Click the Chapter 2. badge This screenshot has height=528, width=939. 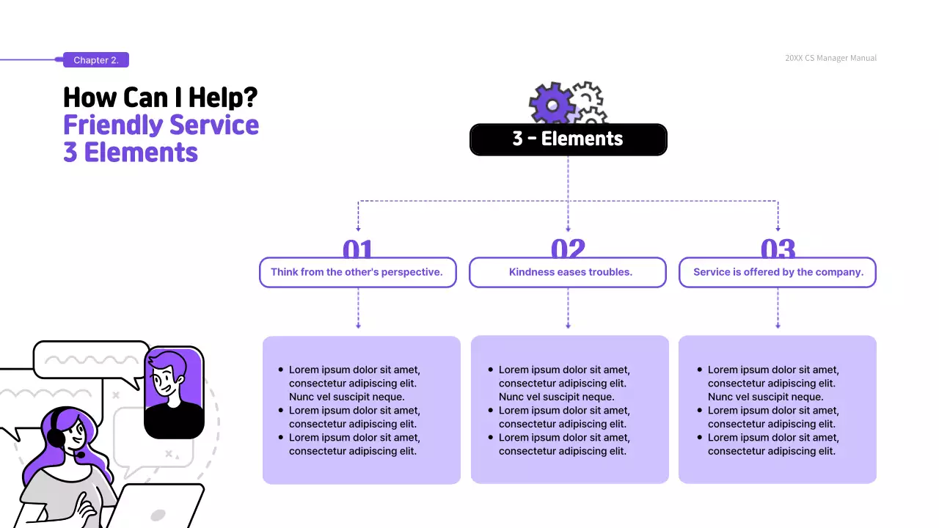[x=96, y=60]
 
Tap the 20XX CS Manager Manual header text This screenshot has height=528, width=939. [x=830, y=58]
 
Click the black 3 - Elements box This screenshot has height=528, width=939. [x=568, y=139]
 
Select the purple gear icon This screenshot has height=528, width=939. [x=552, y=103]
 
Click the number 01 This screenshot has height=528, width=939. [x=358, y=249]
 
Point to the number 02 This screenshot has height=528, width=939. [x=568, y=249]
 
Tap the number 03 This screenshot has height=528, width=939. [x=778, y=249]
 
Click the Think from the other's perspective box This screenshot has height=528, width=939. [x=357, y=272]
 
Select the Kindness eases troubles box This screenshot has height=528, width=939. [x=568, y=272]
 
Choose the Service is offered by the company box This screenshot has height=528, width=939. [x=778, y=272]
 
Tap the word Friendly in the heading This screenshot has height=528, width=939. [x=112, y=125]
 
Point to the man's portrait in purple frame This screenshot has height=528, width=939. [x=174, y=392]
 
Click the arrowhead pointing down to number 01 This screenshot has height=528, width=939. [x=358, y=230]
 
